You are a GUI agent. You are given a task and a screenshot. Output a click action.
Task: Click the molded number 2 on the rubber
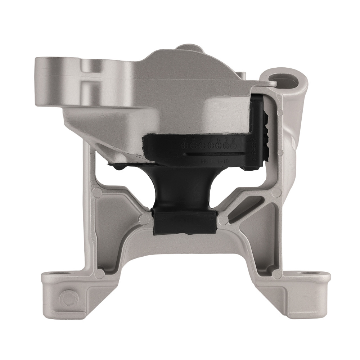point(185,139)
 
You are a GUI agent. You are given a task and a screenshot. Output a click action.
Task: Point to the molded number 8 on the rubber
point(234,139)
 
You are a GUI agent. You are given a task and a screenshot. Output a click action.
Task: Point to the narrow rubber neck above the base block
point(184,191)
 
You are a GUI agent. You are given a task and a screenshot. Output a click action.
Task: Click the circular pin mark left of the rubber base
point(144,219)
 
